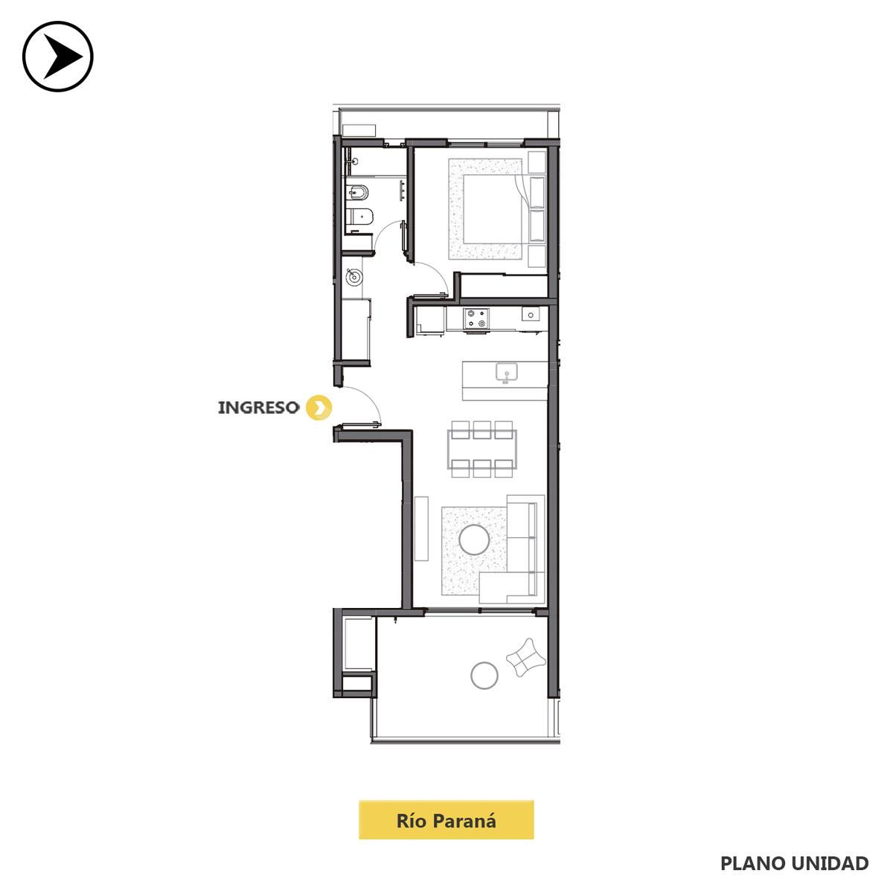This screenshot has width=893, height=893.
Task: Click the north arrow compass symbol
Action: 58,57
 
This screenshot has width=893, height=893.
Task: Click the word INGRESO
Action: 258,408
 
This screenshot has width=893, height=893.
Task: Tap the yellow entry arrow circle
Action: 319,408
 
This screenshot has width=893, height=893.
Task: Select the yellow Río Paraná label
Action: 446,820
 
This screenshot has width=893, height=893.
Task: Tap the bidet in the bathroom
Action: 357,192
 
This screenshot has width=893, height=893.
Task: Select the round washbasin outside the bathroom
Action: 354,278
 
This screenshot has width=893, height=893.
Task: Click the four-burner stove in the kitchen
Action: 476,319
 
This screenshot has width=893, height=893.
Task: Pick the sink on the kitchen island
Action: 507,374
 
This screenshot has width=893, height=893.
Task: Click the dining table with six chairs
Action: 482,449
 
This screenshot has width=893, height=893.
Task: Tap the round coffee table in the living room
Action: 474,540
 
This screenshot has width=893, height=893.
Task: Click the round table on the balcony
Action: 484,676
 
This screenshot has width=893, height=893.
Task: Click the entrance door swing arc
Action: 370,397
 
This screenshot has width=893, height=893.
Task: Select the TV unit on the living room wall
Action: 421,528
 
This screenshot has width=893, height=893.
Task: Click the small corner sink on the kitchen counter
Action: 531,315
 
